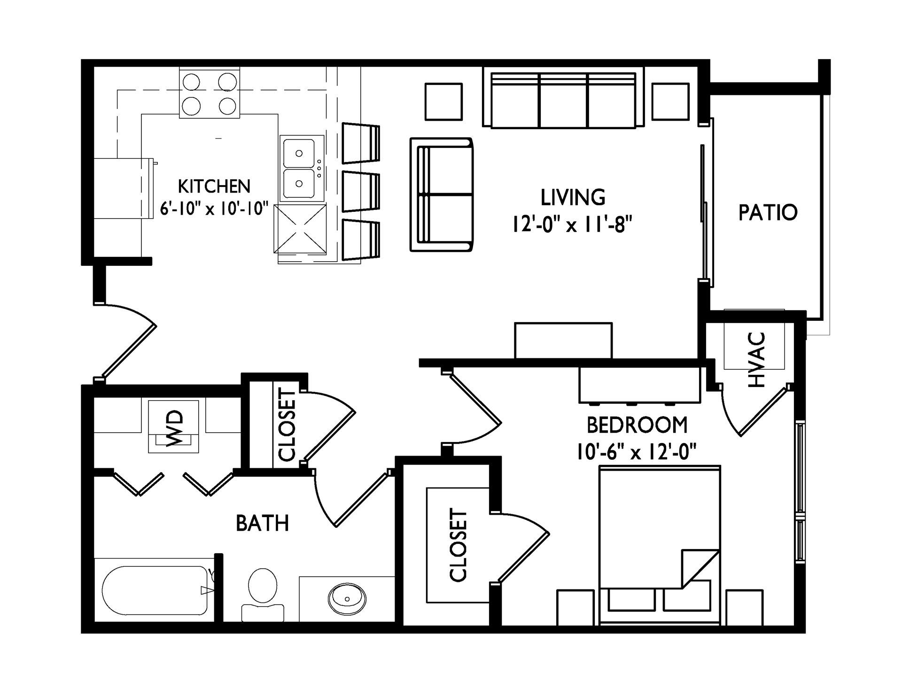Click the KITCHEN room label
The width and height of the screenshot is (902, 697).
(x=214, y=186)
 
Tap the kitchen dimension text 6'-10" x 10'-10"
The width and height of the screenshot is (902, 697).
(x=214, y=208)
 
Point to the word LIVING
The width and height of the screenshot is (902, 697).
(x=573, y=197)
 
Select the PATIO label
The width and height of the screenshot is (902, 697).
(x=768, y=212)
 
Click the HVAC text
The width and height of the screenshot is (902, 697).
(x=757, y=360)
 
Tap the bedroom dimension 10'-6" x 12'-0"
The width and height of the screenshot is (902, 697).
(x=637, y=453)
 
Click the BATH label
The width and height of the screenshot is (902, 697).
(x=262, y=523)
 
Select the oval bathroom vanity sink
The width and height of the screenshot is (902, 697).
(x=347, y=599)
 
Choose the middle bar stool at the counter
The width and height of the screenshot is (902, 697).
(x=361, y=192)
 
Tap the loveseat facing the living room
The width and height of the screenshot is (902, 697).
(x=442, y=194)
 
